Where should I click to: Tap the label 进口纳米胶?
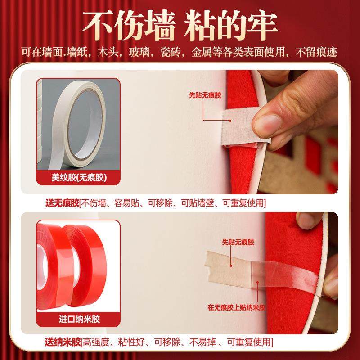coord(78,320)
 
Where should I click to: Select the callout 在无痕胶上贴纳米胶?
coord(236,307)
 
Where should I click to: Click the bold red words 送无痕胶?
coord(61,203)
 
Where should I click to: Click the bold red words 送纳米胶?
coord(61,342)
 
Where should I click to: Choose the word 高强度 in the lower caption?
coord(93,342)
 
